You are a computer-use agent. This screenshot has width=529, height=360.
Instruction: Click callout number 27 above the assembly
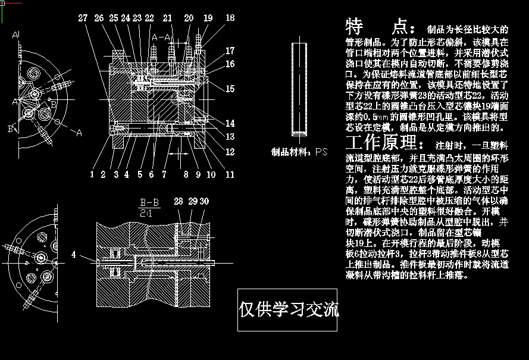click(x=83, y=18)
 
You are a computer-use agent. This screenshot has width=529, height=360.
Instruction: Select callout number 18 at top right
click(x=230, y=18)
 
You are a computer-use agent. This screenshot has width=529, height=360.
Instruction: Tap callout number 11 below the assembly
click(x=230, y=174)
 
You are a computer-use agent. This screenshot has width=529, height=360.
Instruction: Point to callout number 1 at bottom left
click(x=92, y=174)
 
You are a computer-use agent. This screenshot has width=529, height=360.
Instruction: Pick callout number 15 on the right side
click(x=230, y=89)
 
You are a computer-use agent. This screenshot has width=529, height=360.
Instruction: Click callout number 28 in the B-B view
click(x=178, y=202)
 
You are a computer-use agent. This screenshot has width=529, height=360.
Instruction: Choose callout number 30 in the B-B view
click(x=204, y=202)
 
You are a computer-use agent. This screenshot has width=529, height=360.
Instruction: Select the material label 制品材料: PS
click(x=299, y=152)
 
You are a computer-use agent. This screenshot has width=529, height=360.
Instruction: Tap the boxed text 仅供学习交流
click(x=288, y=309)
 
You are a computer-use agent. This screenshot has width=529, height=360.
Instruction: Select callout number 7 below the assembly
click(x=162, y=174)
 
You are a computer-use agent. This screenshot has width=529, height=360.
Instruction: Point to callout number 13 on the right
click(x=230, y=137)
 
